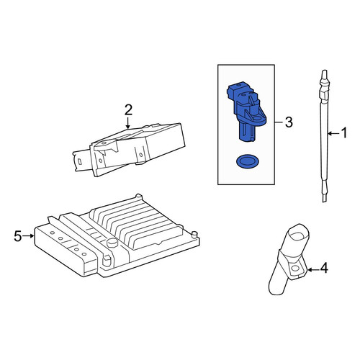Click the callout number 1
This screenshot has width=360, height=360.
344,133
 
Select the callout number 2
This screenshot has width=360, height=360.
128,110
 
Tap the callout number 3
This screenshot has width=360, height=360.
289,122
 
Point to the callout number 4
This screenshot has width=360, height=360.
324,268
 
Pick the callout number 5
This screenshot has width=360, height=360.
18,236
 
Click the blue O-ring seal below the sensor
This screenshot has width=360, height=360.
247,161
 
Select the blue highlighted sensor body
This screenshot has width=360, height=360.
246,112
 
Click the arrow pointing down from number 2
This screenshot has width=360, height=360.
128,122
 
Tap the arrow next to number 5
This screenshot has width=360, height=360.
29,236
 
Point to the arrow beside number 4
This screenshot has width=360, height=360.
313,270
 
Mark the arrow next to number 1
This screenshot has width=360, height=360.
334,133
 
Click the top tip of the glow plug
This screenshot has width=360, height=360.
324,71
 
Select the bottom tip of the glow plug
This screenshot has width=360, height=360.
324,202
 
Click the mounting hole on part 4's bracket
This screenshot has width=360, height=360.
294,268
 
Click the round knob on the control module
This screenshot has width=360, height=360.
112,243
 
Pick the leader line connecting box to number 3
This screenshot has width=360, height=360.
279,122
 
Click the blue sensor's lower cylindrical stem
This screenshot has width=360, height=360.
246,132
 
